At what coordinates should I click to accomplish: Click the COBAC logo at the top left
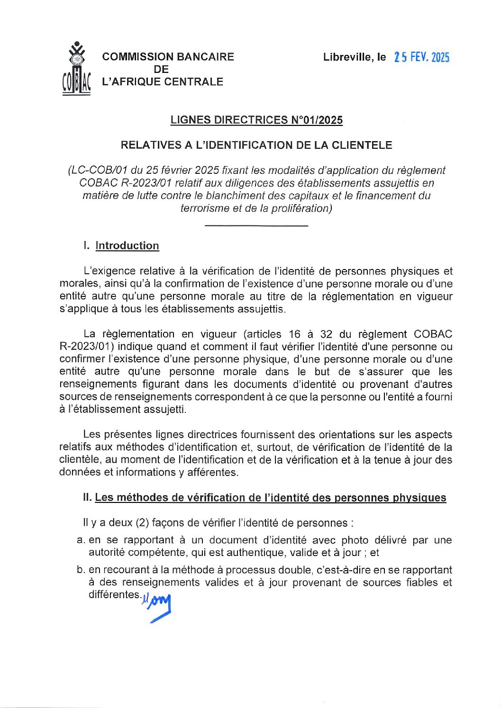tap(76, 69)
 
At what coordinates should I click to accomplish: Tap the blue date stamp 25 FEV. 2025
tap(421, 58)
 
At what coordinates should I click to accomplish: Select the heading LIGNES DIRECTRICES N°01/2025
tap(256, 120)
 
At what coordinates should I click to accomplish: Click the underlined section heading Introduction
tap(127, 246)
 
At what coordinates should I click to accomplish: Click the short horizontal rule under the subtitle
tap(256, 226)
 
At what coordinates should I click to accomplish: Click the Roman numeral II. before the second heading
tap(87, 498)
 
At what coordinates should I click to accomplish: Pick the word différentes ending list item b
tap(114, 595)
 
